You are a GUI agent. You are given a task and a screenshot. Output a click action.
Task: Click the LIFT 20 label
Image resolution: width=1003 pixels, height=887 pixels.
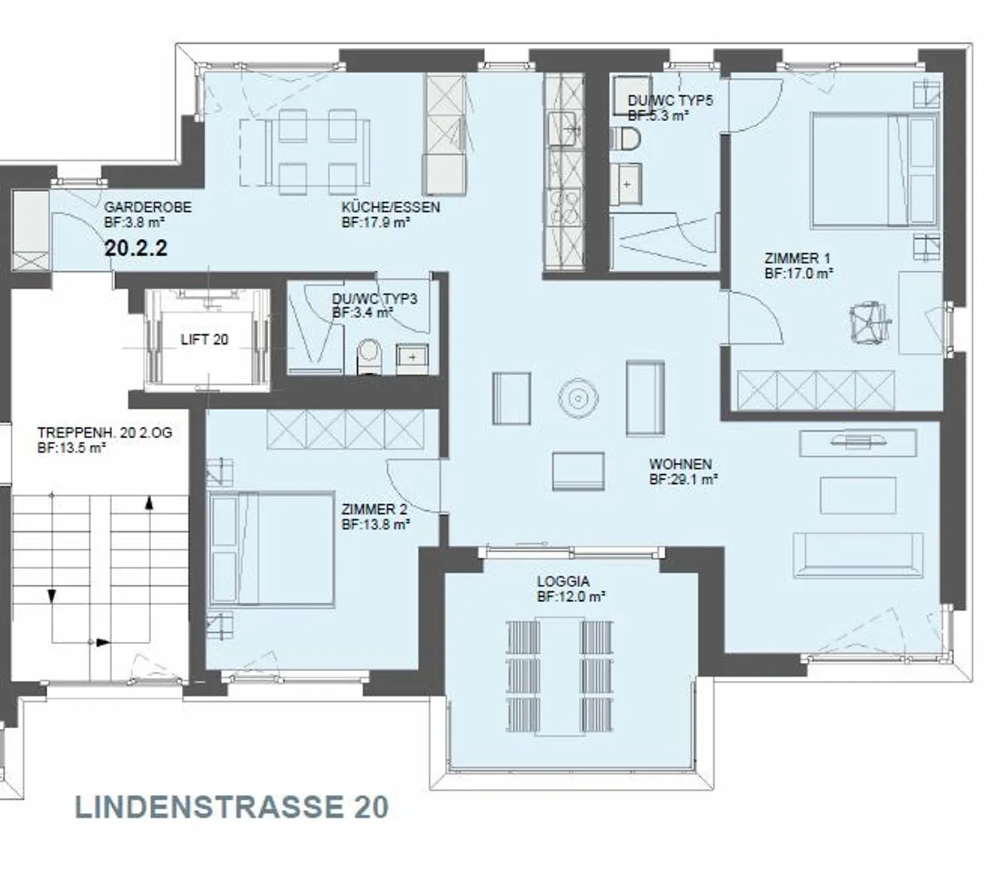pos(204,340)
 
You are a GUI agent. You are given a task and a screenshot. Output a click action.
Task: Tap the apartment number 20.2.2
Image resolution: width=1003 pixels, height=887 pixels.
pos(136,248)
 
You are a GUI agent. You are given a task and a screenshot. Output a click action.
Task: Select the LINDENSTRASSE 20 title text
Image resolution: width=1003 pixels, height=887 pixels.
pos(231,808)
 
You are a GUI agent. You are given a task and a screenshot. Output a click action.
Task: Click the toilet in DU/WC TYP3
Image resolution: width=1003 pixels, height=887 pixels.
pos(368,356)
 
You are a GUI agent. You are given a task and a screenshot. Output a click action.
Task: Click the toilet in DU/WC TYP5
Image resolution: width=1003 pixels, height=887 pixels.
pos(626,139)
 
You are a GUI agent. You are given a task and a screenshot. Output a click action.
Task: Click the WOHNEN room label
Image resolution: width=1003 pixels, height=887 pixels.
pos(680,464)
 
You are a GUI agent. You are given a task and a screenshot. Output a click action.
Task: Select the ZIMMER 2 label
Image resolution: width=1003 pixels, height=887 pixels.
pos(373,510)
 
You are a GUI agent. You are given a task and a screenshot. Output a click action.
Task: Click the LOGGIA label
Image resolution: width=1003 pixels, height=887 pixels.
pos(563,581)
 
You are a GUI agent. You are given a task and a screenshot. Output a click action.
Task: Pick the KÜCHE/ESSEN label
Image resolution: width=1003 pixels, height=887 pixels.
pos(390,207)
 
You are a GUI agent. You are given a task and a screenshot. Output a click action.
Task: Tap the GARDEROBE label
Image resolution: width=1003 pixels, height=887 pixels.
pos(148,207)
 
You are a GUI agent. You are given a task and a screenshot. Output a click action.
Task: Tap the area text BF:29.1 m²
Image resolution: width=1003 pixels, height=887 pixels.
pos(683,480)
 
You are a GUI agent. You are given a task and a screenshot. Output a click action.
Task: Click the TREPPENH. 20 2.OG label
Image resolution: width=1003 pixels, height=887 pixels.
pos(104,432)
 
